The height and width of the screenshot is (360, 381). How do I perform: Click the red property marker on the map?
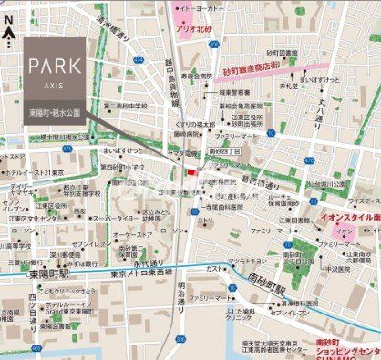click(x=190, y=171)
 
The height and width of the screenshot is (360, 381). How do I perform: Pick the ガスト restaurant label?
click(x=212, y=270)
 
